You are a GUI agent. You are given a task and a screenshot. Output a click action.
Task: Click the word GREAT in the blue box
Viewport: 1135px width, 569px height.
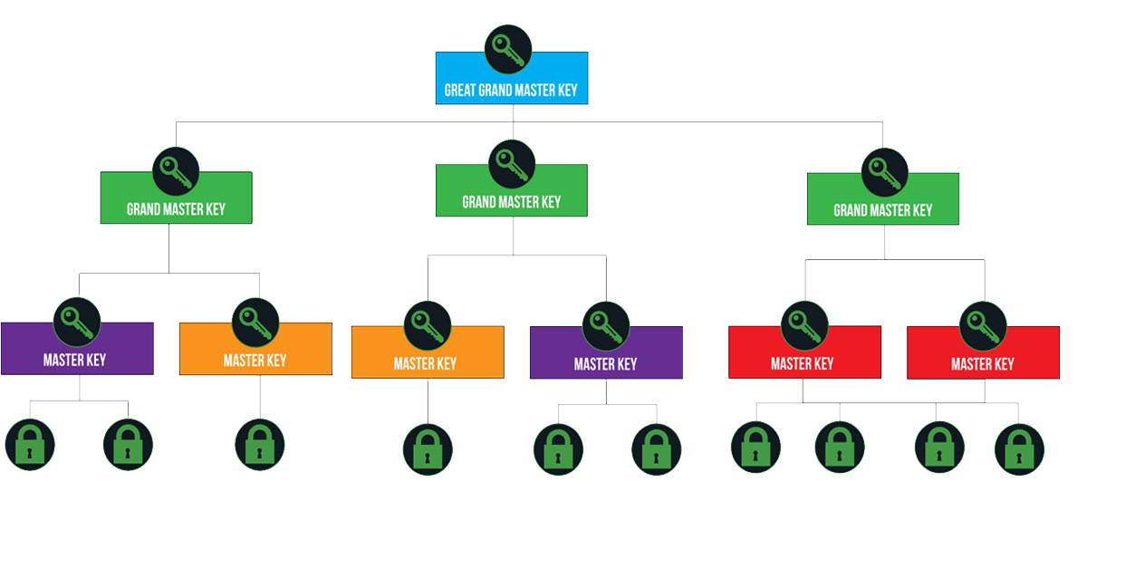[461, 91]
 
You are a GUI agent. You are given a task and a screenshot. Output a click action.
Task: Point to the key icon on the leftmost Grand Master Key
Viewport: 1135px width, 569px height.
[176, 170]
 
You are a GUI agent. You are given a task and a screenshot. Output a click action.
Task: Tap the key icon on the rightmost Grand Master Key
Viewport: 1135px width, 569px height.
[884, 172]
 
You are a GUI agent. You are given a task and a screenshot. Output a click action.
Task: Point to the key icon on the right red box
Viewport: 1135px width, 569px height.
[983, 325]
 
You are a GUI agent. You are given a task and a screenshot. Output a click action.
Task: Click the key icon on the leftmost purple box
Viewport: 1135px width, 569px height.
[77, 321]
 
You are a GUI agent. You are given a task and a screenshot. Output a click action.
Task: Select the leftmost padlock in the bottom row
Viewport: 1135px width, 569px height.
[30, 445]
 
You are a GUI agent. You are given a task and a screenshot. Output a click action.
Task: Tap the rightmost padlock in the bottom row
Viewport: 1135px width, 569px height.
[1019, 449]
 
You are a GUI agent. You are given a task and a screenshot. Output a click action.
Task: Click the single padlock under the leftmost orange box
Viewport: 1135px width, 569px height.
[259, 445]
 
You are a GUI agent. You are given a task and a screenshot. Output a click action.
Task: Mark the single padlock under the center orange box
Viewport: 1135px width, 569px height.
[428, 449]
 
